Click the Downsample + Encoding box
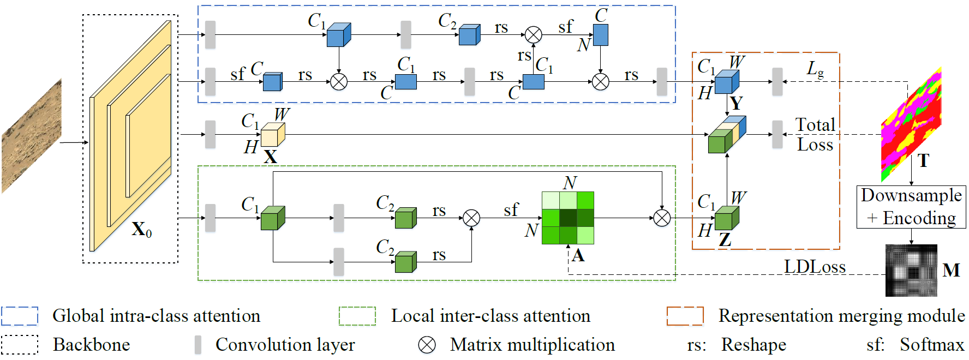click(x=911, y=207)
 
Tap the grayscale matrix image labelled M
click(x=911, y=271)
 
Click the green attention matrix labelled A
click(x=567, y=218)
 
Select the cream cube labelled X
click(x=272, y=135)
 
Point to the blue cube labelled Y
click(x=726, y=82)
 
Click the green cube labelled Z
click(x=726, y=219)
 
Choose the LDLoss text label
click(x=815, y=267)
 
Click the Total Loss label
click(x=815, y=135)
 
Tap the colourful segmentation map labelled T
click(x=911, y=124)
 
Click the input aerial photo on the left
click(x=31, y=136)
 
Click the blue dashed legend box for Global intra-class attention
click(x=20, y=316)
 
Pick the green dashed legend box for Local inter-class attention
click(x=357, y=316)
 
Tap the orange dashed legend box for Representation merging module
click(x=685, y=316)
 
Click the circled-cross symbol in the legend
click(x=427, y=345)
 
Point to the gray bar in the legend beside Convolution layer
click(x=198, y=345)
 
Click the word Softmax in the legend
click(x=932, y=345)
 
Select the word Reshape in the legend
click(x=753, y=345)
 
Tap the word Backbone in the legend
click(x=91, y=345)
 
